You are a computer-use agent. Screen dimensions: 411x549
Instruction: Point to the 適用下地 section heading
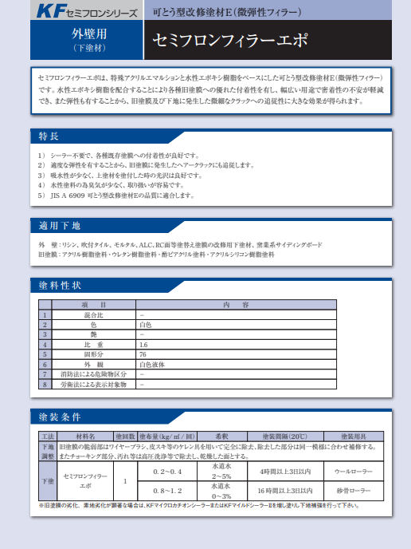tap(60, 225)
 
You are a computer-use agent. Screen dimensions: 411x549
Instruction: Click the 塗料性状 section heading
tap(60, 286)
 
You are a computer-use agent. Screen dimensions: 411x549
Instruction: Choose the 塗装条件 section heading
tap(60, 417)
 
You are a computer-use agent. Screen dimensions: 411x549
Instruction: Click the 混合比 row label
tap(94, 314)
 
